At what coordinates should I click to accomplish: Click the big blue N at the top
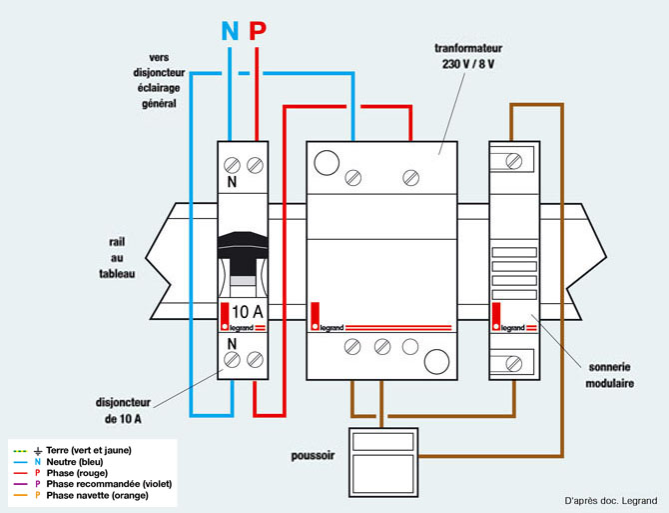point(230,31)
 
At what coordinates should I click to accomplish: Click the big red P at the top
point(258,31)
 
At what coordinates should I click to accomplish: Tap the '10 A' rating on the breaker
point(248,312)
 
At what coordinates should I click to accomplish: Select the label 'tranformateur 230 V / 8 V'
point(468,56)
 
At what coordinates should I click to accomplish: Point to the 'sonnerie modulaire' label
point(609,375)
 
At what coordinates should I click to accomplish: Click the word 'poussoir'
point(313,456)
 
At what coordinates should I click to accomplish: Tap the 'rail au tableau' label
point(117,258)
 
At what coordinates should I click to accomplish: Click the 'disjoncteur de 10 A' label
point(123,410)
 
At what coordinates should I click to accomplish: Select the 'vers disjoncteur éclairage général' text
point(159,80)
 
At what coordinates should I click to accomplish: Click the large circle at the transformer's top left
point(327,163)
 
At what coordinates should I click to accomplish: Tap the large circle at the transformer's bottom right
point(436,361)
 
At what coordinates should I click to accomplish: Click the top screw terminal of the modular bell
point(513,161)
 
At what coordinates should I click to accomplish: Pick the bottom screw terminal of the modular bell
point(513,364)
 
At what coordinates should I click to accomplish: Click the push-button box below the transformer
point(383,462)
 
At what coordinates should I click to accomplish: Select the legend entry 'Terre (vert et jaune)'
point(89,450)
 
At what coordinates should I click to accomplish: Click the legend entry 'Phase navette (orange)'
point(97,495)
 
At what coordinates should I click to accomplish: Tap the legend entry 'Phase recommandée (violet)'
point(109,484)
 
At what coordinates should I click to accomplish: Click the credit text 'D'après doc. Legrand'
point(611,501)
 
